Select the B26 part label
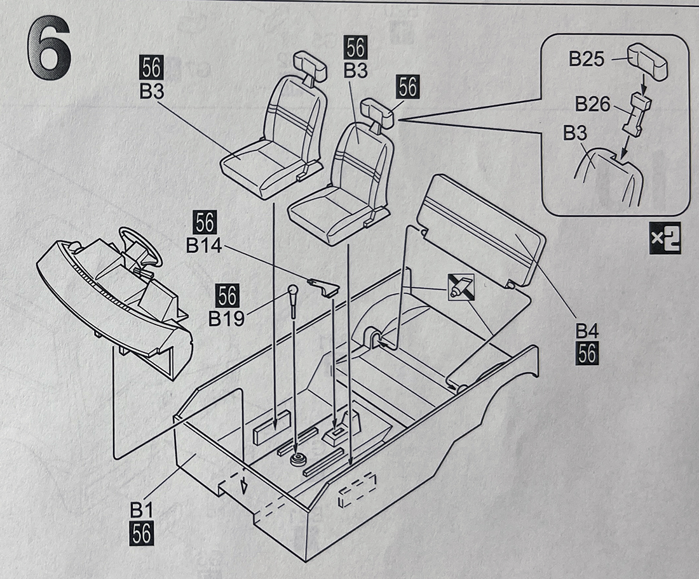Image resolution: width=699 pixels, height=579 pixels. tap(592, 103)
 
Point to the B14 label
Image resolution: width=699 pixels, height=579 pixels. tap(204, 245)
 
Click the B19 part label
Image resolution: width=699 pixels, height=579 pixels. tap(226, 317)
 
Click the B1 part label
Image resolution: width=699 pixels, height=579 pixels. tap(140, 509)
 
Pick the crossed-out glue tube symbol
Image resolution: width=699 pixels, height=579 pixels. tap(460, 287)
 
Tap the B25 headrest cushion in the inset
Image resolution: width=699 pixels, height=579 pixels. tap(648, 62)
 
